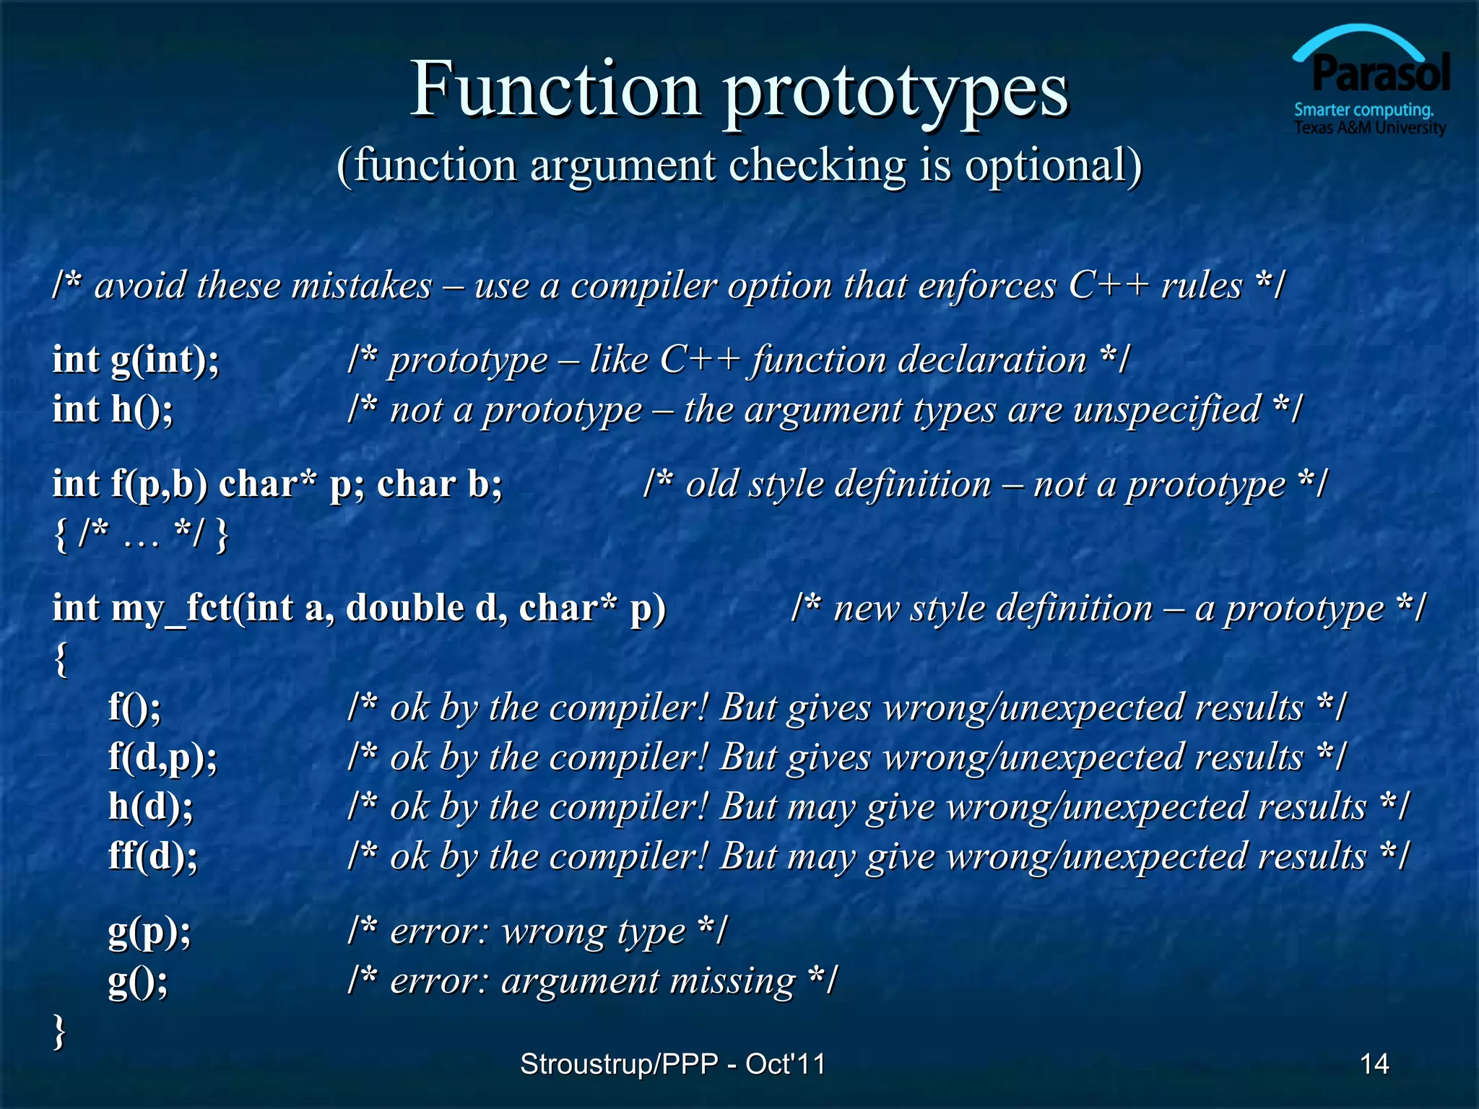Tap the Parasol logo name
pyautogui.click(x=1380, y=74)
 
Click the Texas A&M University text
pyautogui.click(x=1369, y=129)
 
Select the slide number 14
pyautogui.click(x=1374, y=1064)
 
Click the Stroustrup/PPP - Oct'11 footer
pyautogui.click(x=672, y=1064)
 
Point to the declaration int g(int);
pyautogui.click(x=135, y=360)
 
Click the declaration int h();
pyautogui.click(x=112, y=409)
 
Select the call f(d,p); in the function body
pyautogui.click(x=162, y=757)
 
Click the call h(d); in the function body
pyautogui.click(x=150, y=806)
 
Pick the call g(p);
pyautogui.click(x=149, y=931)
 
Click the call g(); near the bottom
pyautogui.click(x=137, y=981)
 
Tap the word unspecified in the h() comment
pyautogui.click(x=1166, y=410)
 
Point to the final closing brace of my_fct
pyautogui.click(x=59, y=1031)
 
